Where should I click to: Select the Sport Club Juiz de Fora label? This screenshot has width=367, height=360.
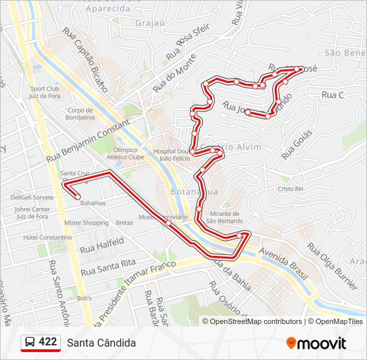[x=45, y=92]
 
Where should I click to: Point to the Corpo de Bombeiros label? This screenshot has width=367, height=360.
[x=79, y=114]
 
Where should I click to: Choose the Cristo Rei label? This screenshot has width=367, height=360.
[x=291, y=189]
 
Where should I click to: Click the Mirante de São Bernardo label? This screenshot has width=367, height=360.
[x=224, y=217]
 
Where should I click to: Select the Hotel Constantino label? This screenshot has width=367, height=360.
[x=47, y=237]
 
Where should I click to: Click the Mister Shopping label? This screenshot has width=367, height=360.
[x=86, y=223]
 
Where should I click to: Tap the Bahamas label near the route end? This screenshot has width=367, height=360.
[x=93, y=203]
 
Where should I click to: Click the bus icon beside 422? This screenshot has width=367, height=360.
[x=30, y=343]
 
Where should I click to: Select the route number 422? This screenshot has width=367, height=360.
[x=48, y=342]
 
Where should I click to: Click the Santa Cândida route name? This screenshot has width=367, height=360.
[x=101, y=343]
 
